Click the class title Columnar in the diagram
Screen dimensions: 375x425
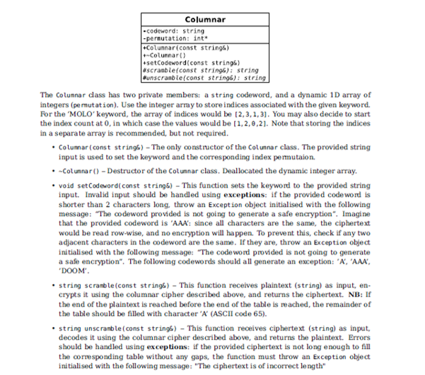pos(204,19)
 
